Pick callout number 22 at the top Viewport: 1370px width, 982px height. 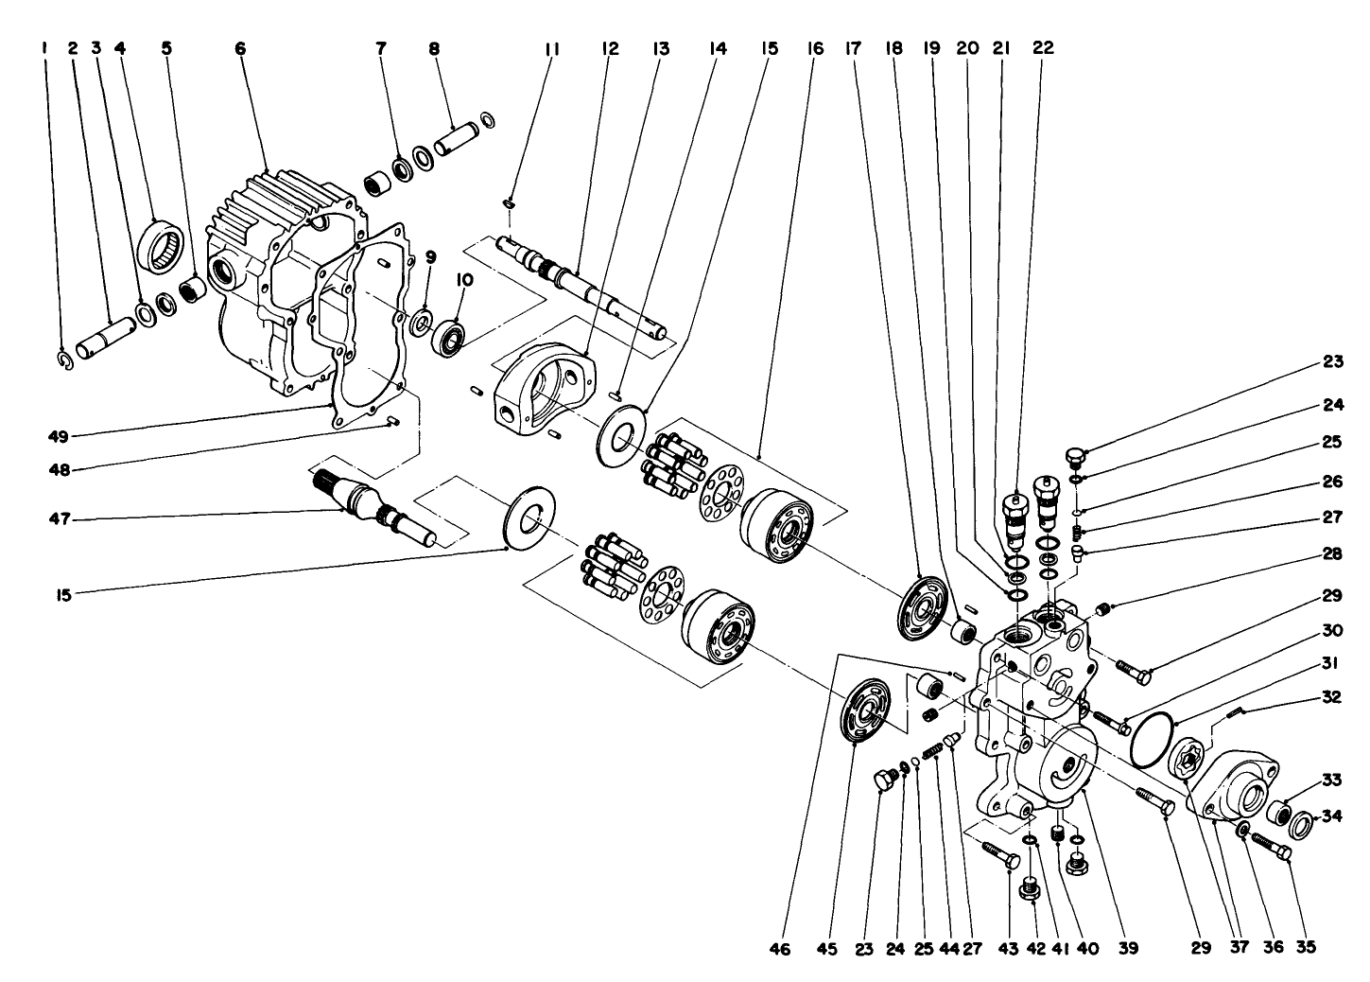pyautogui.click(x=1043, y=47)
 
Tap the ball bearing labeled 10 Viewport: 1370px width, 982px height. pyautogui.click(x=452, y=336)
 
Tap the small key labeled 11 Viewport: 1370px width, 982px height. pyautogui.click(x=509, y=203)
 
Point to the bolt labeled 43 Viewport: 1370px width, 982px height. pyautogui.click(x=1001, y=853)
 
